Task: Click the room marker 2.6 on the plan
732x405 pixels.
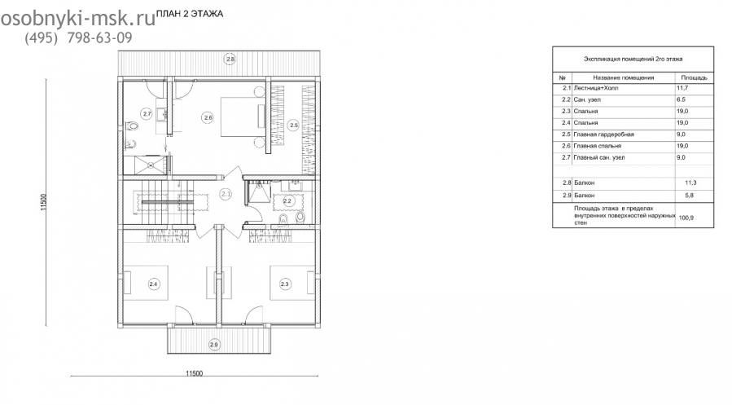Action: point(208,117)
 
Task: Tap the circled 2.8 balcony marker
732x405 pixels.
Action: point(230,59)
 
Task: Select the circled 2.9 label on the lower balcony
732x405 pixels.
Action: point(214,345)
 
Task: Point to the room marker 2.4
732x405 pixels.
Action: point(153,284)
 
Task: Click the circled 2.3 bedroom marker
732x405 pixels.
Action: point(284,284)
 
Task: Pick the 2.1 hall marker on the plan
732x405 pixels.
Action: point(226,193)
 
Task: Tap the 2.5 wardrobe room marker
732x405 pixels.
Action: point(293,125)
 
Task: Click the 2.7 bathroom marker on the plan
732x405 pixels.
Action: point(147,113)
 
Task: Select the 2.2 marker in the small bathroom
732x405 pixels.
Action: point(287,201)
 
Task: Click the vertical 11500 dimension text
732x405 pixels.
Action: point(44,202)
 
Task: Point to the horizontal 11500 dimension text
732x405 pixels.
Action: point(195,373)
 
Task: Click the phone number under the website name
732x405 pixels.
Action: point(78,37)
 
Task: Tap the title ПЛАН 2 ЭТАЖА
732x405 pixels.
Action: point(190,14)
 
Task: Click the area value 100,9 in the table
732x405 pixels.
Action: point(686,218)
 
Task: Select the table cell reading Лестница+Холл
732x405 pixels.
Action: point(596,88)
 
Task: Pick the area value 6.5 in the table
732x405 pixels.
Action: point(682,99)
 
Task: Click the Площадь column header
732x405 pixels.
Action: point(695,77)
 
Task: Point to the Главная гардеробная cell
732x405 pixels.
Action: point(603,134)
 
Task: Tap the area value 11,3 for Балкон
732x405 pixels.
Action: point(690,183)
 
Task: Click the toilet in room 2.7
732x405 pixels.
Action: point(132,126)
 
